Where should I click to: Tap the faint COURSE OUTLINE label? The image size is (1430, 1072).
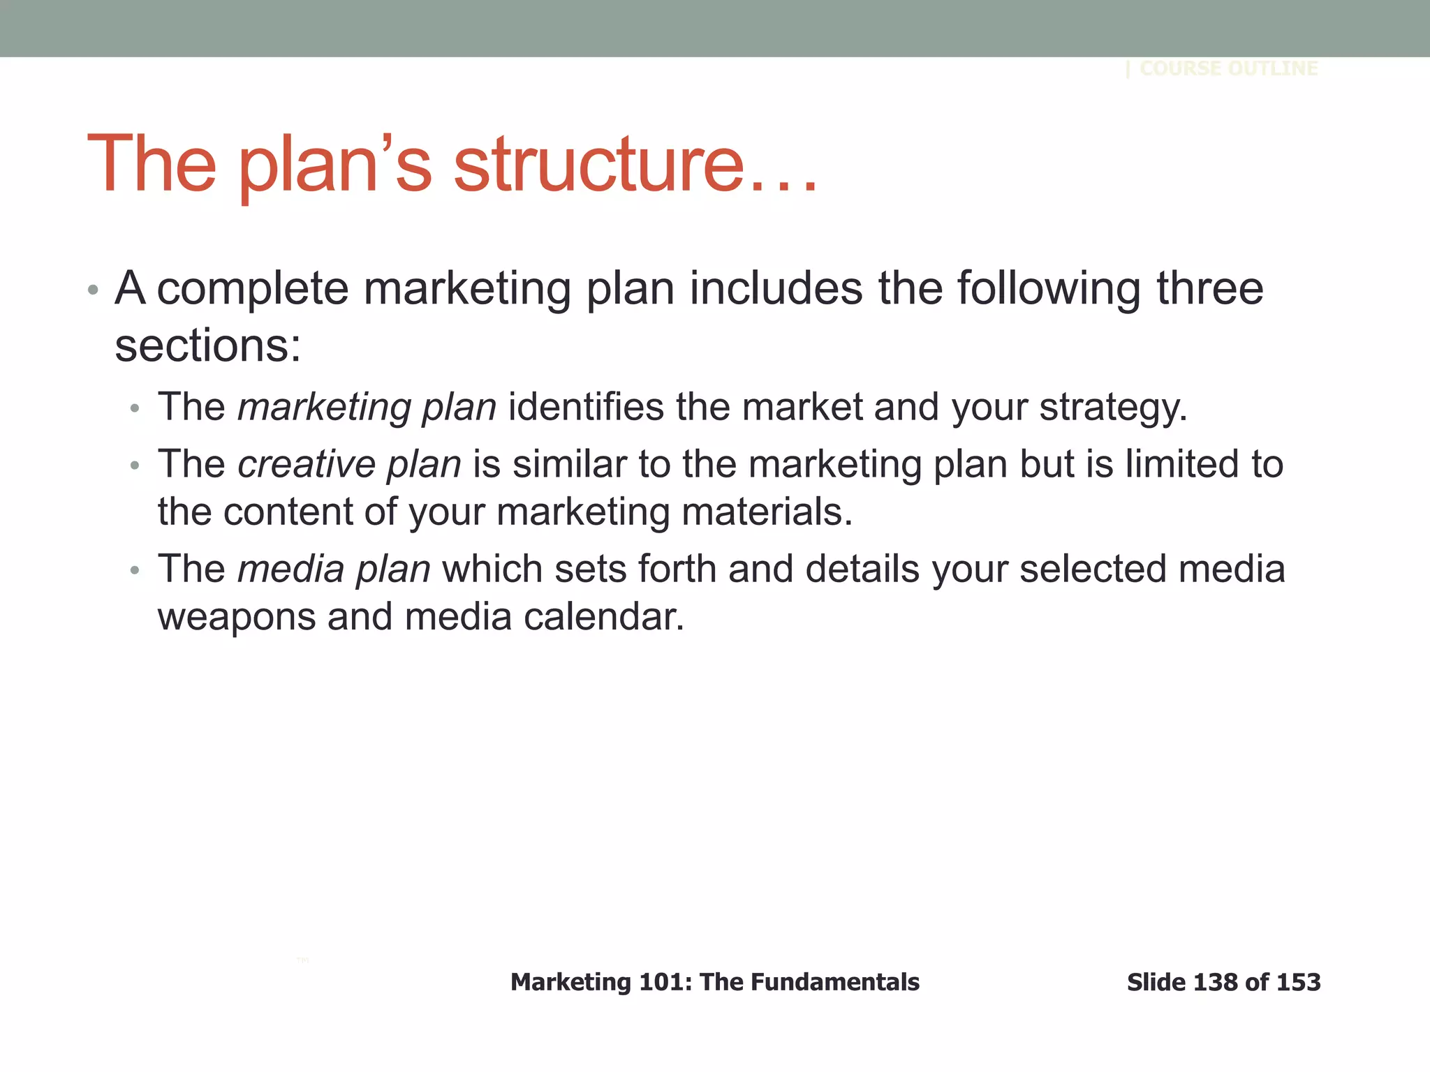(x=1228, y=68)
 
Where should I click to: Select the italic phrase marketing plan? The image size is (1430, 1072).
(x=367, y=407)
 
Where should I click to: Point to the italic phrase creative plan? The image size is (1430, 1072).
(x=349, y=464)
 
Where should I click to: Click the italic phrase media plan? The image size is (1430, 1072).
(x=334, y=569)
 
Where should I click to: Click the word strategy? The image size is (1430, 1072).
(x=1113, y=408)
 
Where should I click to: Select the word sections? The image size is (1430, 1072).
(x=207, y=345)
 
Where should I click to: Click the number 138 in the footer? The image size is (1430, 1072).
(x=1216, y=983)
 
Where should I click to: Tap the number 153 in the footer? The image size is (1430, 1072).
(x=1299, y=983)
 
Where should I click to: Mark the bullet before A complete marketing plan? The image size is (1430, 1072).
(x=93, y=290)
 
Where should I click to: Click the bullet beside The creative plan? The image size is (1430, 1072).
(x=135, y=466)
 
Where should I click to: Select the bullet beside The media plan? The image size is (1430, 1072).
(x=135, y=570)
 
